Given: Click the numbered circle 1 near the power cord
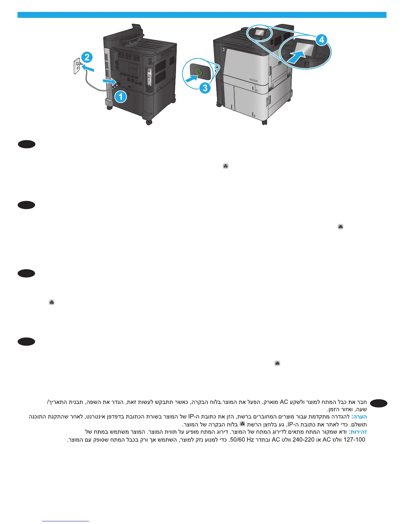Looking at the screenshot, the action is [121, 97].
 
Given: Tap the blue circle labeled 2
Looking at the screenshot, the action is [87, 57].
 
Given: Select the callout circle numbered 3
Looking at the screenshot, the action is [205, 88].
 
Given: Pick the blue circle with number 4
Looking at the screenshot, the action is [321, 40].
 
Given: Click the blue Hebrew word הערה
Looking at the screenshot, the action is [359, 416].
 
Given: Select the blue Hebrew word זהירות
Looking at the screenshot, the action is [358, 432].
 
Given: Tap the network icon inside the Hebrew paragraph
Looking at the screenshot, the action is [242, 424].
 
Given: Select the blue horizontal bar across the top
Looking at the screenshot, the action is [202, 15].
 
